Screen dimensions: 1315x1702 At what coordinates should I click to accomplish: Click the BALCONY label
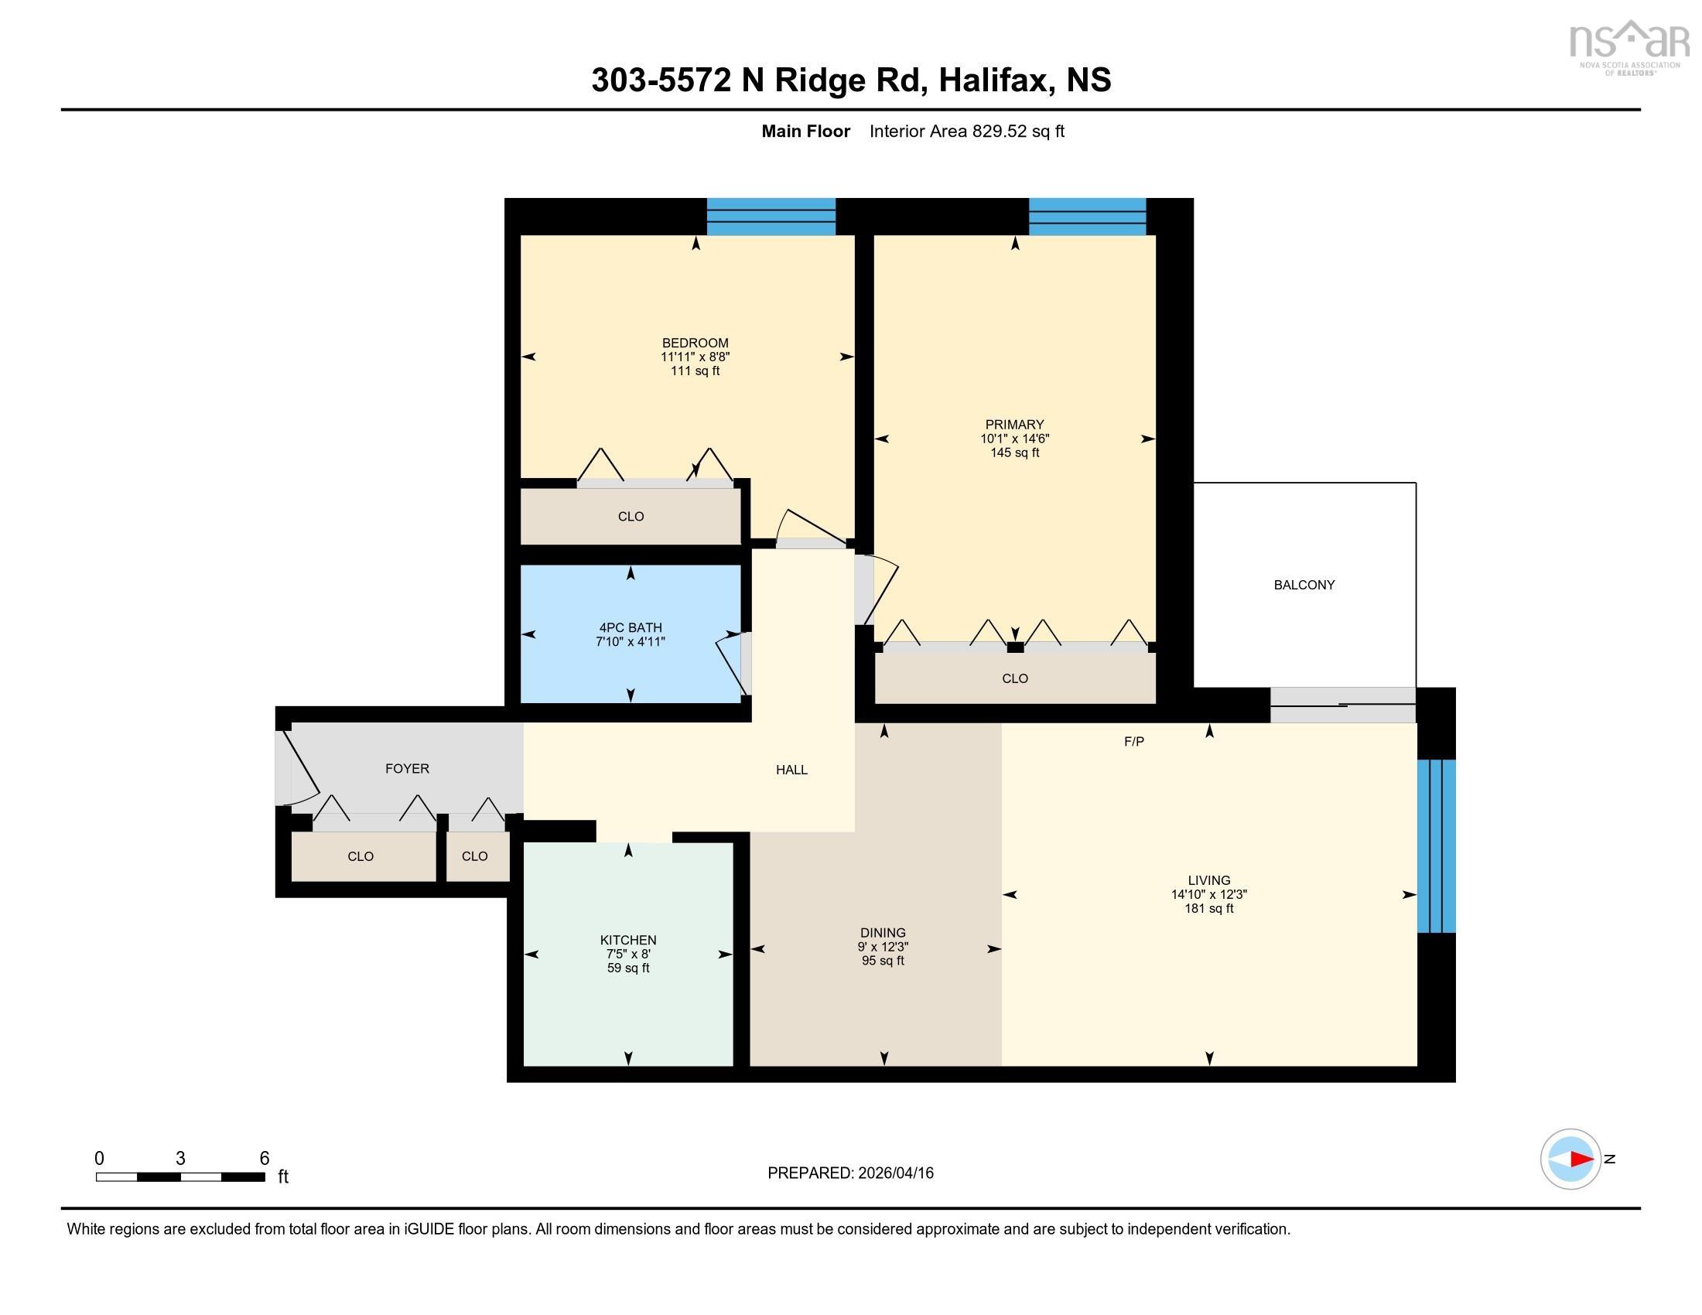pos(1304,584)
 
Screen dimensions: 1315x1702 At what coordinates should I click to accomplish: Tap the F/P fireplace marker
pos(1133,742)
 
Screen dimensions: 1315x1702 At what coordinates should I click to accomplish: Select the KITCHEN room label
pos(627,940)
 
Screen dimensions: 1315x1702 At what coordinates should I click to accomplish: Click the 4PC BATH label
pos(631,627)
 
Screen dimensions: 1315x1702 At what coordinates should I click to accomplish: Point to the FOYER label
pos(407,768)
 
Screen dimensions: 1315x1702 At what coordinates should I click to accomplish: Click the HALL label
pos(791,770)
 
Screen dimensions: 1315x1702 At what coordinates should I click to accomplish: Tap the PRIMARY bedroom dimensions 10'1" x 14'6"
pos(1014,439)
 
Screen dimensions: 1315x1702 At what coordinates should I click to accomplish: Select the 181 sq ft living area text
pos(1208,908)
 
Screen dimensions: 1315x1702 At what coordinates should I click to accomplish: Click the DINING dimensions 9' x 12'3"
pos(882,947)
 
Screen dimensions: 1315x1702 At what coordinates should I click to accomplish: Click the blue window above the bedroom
pos(770,216)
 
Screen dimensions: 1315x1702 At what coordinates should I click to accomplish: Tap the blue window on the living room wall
pos(1435,845)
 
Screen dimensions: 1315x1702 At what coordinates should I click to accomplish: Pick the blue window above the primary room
pos(1086,216)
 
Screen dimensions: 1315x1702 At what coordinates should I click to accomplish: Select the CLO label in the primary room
pos(1015,678)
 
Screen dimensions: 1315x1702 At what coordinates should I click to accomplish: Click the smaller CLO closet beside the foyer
pos(474,856)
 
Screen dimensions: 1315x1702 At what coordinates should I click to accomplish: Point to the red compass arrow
pos(1581,1160)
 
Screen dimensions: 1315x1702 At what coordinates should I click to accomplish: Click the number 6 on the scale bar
pos(264,1158)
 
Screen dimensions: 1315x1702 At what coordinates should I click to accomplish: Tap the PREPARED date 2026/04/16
pos(894,1173)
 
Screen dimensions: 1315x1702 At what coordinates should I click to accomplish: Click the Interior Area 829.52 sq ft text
pos(966,131)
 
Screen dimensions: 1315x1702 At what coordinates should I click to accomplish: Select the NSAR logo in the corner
pos(1628,45)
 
